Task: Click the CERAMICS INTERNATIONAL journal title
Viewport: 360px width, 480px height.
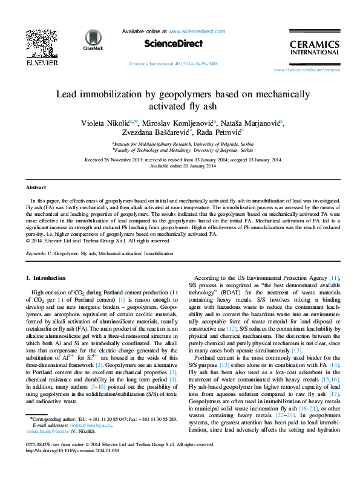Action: [x=315, y=48]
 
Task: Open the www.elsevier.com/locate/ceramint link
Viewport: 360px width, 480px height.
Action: [x=315, y=70]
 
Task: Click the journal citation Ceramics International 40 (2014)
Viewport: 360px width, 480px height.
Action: [x=174, y=63]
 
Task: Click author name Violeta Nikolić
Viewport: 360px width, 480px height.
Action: [x=105, y=123]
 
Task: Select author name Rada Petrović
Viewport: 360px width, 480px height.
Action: [x=220, y=132]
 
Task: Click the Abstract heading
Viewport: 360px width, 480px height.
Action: [x=36, y=188]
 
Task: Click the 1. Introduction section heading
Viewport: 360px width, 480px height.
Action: [x=41, y=278]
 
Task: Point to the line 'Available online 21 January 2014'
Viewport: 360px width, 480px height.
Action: [x=183, y=166]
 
